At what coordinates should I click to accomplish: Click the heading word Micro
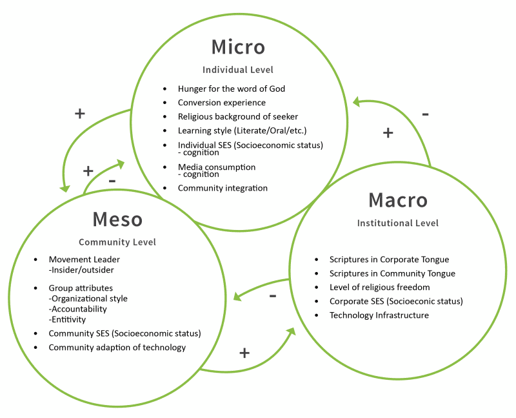tap(238, 47)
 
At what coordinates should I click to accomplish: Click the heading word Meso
tap(117, 219)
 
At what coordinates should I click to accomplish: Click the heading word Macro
tap(398, 200)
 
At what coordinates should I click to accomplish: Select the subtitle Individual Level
tap(238, 70)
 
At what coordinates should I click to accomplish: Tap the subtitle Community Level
tap(117, 242)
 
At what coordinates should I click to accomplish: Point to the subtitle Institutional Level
tap(398, 223)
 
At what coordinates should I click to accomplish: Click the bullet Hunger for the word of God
tap(232, 89)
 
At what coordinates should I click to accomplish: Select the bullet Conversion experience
tap(222, 103)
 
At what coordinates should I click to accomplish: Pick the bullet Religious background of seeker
tap(238, 117)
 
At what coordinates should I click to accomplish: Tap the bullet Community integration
tap(223, 188)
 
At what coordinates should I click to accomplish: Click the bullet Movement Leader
tap(84, 260)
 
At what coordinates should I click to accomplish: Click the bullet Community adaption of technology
tap(117, 348)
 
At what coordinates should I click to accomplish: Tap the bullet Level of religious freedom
tap(380, 287)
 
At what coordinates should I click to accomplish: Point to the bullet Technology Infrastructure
tap(379, 315)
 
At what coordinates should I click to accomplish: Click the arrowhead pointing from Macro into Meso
tap(237, 297)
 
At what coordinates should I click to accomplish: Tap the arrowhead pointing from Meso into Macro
tap(291, 331)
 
